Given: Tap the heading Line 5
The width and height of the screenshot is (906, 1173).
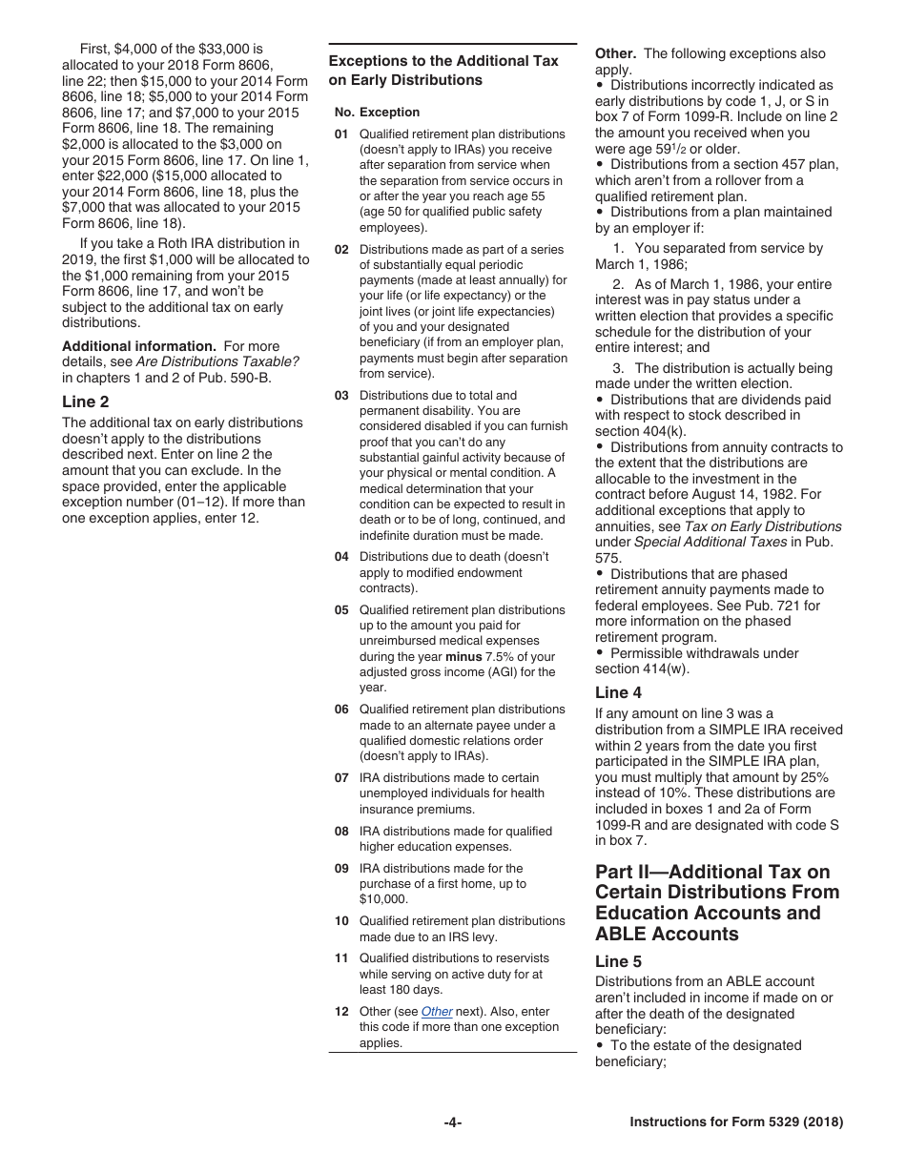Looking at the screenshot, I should (619, 961).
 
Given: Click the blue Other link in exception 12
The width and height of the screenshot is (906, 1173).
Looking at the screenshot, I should (437, 1011).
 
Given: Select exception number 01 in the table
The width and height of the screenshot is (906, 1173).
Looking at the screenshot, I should (341, 134).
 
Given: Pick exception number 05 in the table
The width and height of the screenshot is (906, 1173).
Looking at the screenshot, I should (341, 610).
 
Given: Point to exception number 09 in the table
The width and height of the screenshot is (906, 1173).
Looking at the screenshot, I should (341, 869).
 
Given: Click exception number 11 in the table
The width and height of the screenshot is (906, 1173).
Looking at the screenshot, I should (341, 958).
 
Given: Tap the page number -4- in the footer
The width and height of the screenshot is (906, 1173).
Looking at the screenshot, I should (453, 1122).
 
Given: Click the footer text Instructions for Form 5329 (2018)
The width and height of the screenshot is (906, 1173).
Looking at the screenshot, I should (736, 1122).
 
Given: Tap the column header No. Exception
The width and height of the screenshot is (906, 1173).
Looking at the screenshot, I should (377, 112).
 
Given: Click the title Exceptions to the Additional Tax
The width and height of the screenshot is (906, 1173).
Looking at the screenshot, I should (443, 61).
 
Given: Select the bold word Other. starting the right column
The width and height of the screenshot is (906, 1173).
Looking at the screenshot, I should (615, 53).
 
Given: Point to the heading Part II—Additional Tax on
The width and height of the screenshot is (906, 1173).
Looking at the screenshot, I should (712, 872).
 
